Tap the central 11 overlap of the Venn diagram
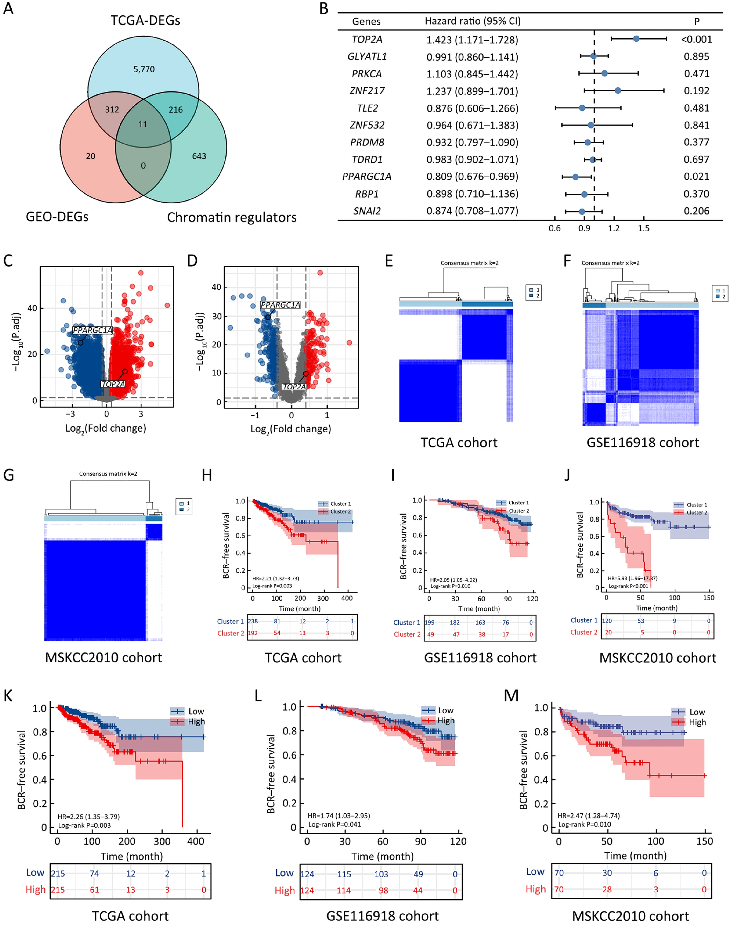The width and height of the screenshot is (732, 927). click(x=143, y=124)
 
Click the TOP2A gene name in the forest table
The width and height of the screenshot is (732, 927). click(x=367, y=40)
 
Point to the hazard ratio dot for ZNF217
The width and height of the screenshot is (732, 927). click(x=618, y=90)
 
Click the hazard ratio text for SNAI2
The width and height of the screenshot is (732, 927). click(x=472, y=211)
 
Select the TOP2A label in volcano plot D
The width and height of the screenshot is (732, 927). click(x=294, y=387)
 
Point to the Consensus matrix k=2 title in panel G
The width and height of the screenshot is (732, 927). click(x=108, y=473)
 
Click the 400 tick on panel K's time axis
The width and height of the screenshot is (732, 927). click(x=196, y=841)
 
